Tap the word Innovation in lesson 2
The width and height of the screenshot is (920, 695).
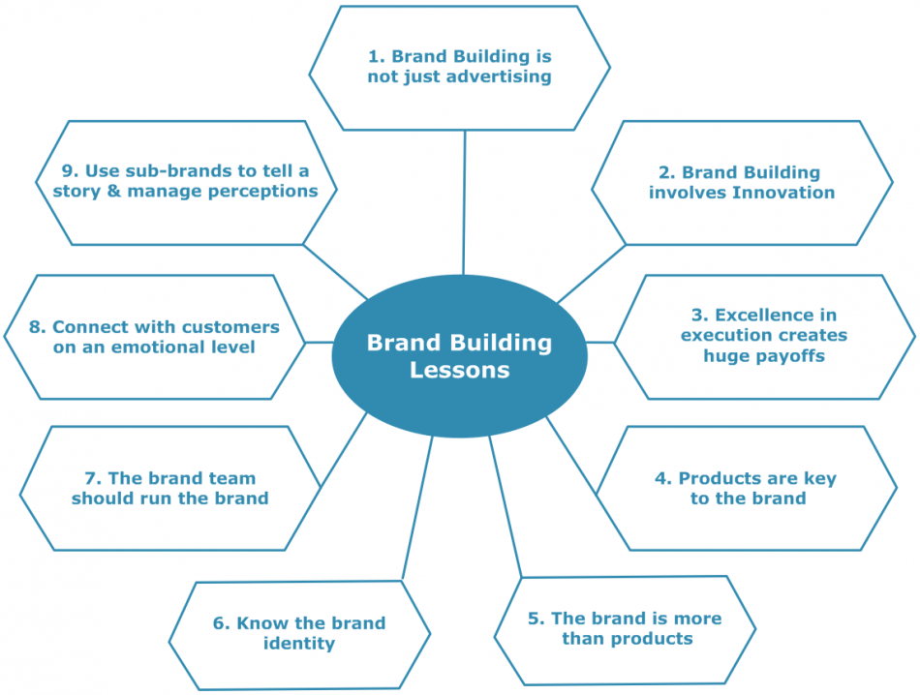point(782,193)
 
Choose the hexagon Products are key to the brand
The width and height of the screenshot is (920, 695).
point(747,489)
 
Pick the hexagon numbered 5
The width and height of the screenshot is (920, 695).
point(625,629)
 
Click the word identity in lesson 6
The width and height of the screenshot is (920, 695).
point(299,644)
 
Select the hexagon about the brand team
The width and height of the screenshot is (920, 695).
point(169,489)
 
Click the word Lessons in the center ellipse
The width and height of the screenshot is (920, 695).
point(459,370)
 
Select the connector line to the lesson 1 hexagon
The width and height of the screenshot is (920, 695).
point(464,203)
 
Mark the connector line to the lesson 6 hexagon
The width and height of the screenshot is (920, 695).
point(416,508)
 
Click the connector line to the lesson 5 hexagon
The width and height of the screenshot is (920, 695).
point(505,508)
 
